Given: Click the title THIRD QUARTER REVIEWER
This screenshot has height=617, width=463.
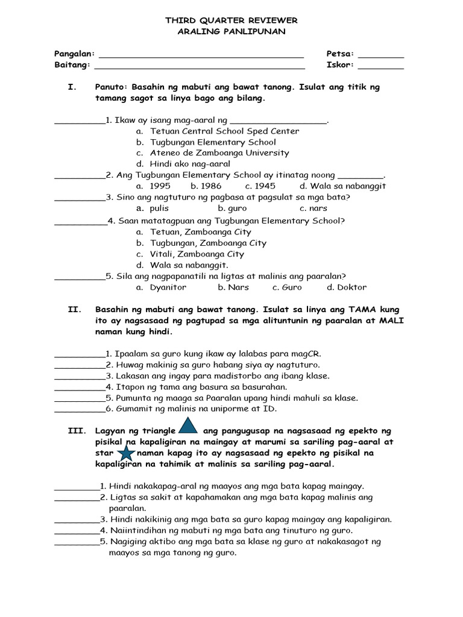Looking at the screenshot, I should click(231, 21).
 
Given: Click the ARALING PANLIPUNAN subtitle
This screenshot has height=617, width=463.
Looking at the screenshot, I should click(231, 32).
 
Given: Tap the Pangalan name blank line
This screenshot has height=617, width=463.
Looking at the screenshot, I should click(201, 54).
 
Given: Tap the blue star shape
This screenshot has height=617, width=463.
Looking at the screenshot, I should click(126, 453).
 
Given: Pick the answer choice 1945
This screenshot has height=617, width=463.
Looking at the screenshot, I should click(265, 186).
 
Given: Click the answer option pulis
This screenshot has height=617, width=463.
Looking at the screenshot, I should click(159, 208).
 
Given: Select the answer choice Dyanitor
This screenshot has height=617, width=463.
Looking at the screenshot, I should click(168, 287).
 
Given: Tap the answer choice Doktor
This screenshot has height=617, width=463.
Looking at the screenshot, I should click(351, 287).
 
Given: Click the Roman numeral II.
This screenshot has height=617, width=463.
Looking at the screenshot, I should click(74, 310).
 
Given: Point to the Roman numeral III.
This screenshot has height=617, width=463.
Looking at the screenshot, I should click(76, 431).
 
